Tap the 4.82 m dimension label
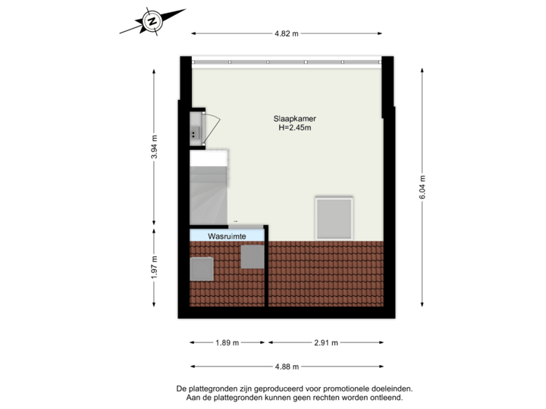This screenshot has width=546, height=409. [x=287, y=33]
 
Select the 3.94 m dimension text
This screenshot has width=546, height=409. [x=155, y=146]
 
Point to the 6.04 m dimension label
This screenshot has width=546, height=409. [x=422, y=186]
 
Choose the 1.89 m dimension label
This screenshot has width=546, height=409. [x=227, y=343]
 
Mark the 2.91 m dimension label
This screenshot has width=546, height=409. [x=325, y=343]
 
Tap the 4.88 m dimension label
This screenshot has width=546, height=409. [x=287, y=367]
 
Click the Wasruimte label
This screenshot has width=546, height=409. [x=228, y=236]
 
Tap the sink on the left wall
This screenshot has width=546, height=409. [x=196, y=128]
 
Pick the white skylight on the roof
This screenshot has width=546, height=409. [x=334, y=217]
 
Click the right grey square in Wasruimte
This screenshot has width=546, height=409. [x=252, y=257]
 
